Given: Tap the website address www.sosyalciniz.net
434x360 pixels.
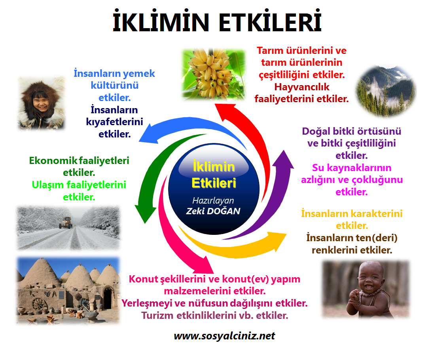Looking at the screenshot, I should tap(224, 336).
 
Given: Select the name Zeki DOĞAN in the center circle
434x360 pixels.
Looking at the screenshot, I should tap(213, 211).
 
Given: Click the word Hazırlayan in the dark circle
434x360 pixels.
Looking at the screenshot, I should tap(213, 200).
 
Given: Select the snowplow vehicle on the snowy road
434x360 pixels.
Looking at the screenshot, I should tap(65, 223).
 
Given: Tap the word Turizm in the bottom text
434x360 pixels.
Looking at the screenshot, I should tap(156, 316).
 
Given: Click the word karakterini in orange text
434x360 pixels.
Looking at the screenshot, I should tap(376, 214).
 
